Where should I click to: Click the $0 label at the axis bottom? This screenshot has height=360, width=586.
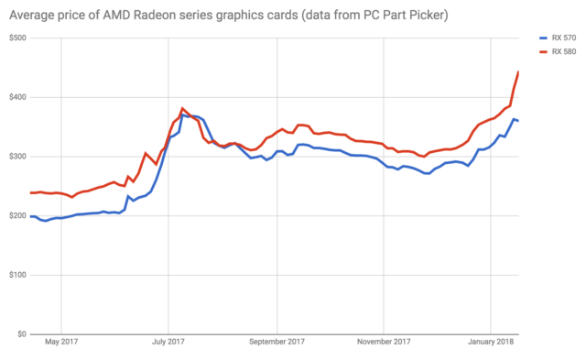(21, 334)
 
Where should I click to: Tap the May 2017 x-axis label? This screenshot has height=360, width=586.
(61, 346)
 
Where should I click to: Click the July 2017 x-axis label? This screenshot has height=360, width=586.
(168, 346)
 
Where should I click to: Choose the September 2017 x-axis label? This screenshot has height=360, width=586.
(276, 346)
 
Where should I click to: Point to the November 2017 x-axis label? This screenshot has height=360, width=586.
(384, 346)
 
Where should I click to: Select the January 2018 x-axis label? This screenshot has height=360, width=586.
(491, 346)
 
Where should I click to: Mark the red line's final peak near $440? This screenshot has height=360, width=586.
(519, 71)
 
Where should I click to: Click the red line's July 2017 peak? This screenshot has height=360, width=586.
(182, 108)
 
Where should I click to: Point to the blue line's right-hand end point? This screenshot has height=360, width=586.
(519, 121)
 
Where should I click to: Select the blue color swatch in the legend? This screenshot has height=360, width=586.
(540, 38)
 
